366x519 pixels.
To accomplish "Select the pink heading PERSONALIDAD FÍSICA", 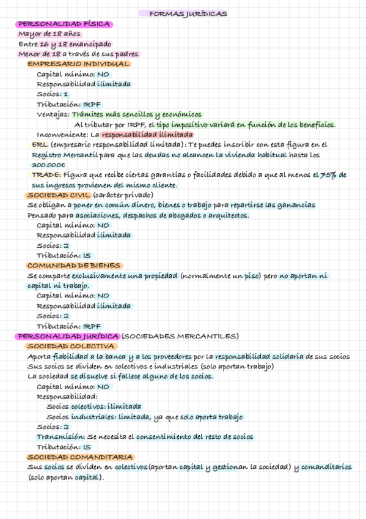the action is (x=64, y=24).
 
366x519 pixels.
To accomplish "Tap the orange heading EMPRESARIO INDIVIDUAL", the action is (x=79, y=64).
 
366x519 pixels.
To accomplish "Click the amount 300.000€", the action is (x=48, y=165).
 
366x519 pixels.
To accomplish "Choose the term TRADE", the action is (x=45, y=175).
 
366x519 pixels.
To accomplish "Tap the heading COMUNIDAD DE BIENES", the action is (x=75, y=266).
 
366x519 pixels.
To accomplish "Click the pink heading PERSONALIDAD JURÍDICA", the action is (x=68, y=336).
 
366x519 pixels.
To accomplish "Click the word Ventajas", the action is (x=53, y=114).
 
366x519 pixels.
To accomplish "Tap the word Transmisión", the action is (x=60, y=437).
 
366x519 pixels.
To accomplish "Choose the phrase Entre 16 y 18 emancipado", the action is (x=65, y=44).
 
